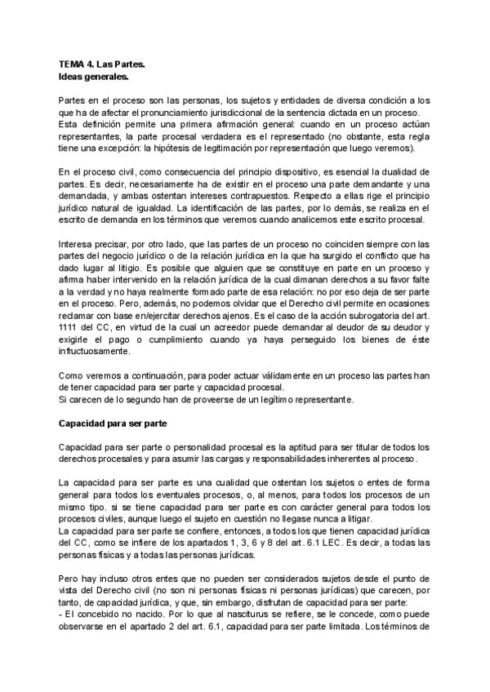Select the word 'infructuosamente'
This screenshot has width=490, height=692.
coord(95,352)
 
